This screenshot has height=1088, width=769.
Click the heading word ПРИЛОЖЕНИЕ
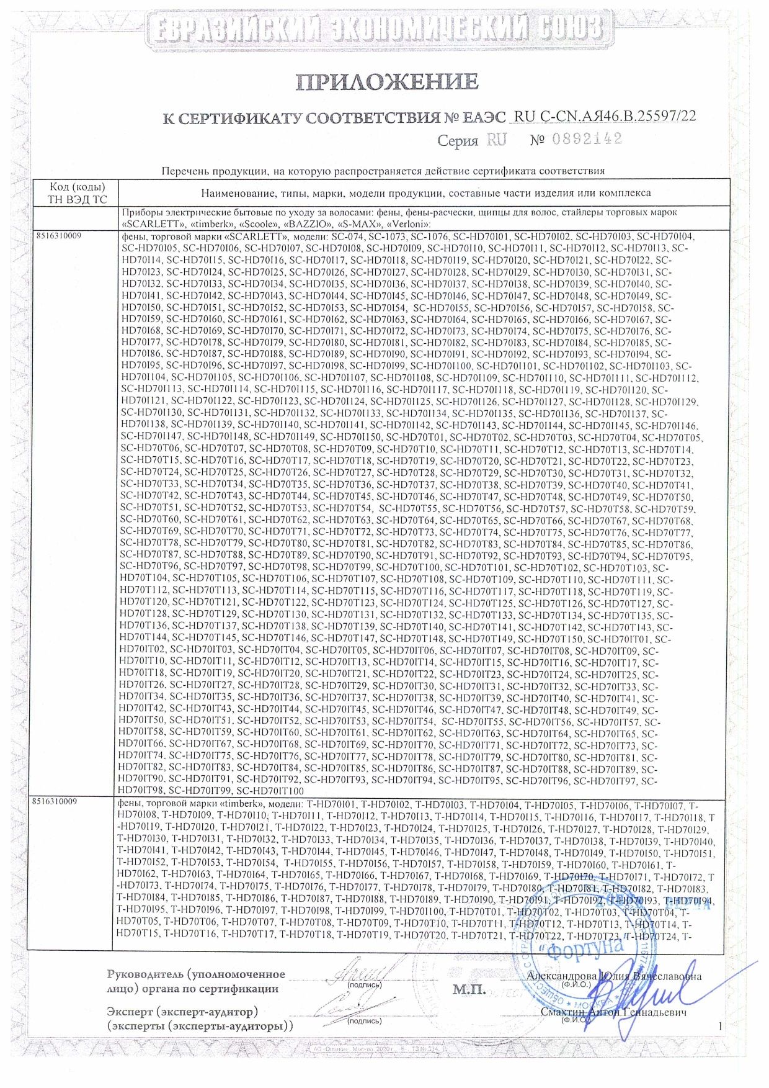pyautogui.click(x=386, y=81)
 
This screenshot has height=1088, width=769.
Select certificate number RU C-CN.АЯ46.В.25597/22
pyautogui.click(x=605, y=116)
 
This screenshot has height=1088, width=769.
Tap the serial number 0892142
pyautogui.click(x=590, y=139)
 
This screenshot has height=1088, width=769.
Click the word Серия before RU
pyautogui.click(x=458, y=141)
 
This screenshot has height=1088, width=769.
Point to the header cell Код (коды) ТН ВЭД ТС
pyautogui.click(x=77, y=193)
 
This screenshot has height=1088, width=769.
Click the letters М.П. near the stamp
pyautogui.click(x=469, y=989)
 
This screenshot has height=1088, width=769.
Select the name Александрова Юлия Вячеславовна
pyautogui.click(x=614, y=976)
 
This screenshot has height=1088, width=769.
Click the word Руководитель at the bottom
pyautogui.click(x=145, y=975)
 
